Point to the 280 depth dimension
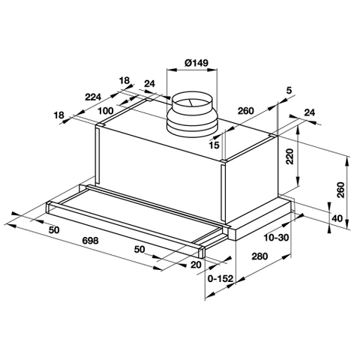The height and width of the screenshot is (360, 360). (x=259, y=257)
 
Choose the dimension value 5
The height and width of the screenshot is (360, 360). (x=288, y=91)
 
